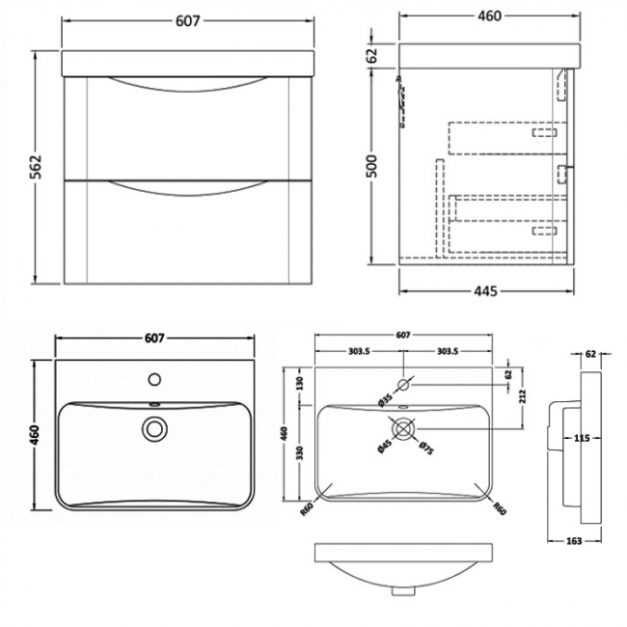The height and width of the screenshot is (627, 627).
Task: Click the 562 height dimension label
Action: pyautogui.click(x=21, y=169)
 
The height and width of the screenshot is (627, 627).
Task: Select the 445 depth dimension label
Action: pyautogui.click(x=492, y=292)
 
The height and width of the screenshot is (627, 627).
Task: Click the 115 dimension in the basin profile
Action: pyautogui.click(x=581, y=439)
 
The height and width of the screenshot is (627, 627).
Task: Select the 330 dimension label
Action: pyautogui.click(x=300, y=453)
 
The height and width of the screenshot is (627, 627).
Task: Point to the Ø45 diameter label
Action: pyautogui.click(x=384, y=446)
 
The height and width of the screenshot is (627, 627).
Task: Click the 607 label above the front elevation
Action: pyautogui.click(x=190, y=21)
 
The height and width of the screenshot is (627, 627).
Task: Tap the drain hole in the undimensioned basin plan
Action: pyautogui.click(x=153, y=427)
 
